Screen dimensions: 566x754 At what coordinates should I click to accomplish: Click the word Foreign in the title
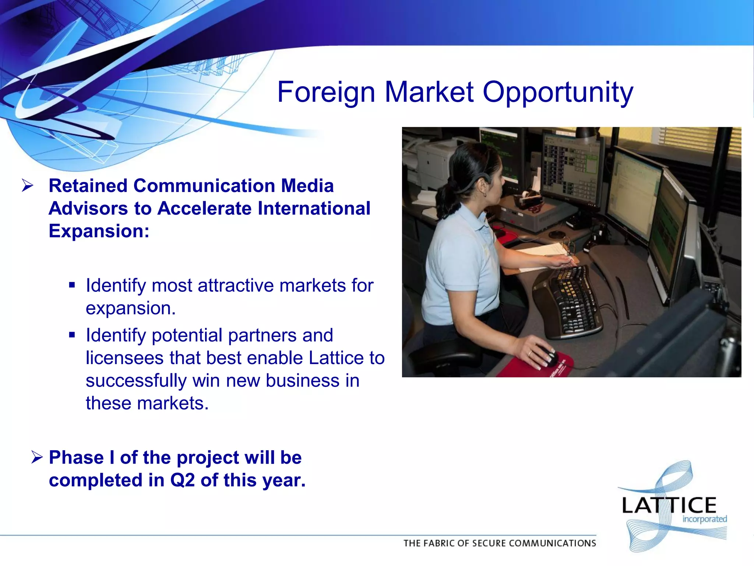pos(326,92)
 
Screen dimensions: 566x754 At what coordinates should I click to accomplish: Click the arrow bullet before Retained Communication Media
pos(28,185)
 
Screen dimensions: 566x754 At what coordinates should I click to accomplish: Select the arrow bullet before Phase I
pos(37,457)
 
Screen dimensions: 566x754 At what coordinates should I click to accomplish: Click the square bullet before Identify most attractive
pos(72,285)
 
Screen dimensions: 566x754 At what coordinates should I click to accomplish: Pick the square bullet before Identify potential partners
pos(72,335)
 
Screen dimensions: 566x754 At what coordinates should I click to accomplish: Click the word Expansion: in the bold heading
pos(99,231)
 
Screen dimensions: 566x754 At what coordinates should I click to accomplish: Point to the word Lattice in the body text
pos(336,358)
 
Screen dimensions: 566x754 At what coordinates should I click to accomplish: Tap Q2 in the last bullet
pos(182,480)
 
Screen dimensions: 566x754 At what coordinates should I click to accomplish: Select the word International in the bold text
pos(314,208)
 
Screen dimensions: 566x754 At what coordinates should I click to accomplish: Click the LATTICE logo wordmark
pos(669,505)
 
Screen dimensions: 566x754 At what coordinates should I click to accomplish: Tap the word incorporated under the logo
pos(704,519)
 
